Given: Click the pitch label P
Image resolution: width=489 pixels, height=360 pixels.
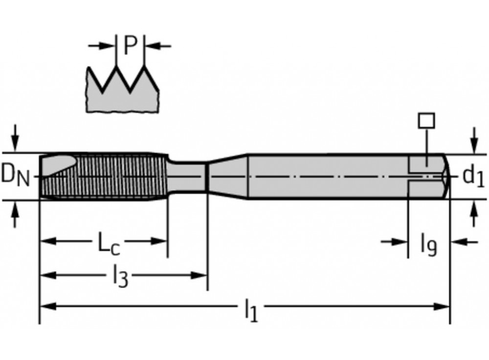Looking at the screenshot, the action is (x=131, y=45).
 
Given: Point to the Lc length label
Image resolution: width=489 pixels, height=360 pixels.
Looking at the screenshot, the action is (x=108, y=243).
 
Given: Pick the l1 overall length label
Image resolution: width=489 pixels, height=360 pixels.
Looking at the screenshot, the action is (x=251, y=310).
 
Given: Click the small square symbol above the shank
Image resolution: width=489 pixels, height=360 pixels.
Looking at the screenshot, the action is (x=426, y=121).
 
